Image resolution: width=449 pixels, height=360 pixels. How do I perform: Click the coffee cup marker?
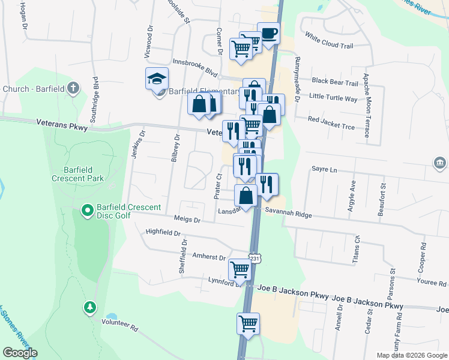click(268, 34)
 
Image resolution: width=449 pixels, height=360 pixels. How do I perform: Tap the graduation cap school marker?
click(157, 79)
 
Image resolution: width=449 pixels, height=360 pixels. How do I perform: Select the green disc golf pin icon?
click(87, 210)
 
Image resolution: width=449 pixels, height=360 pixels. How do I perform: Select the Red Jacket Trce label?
click(331, 119)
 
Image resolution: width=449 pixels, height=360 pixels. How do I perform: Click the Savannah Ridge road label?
click(288, 214)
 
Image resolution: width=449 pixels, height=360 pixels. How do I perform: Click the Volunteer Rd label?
click(119, 328)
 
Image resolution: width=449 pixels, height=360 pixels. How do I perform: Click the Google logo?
click(19, 353)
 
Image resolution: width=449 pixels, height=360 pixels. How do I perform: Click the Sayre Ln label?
click(324, 170)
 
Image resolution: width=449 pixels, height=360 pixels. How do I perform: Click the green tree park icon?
click(90, 307)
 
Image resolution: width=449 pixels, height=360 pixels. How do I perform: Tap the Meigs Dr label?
click(187, 220)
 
